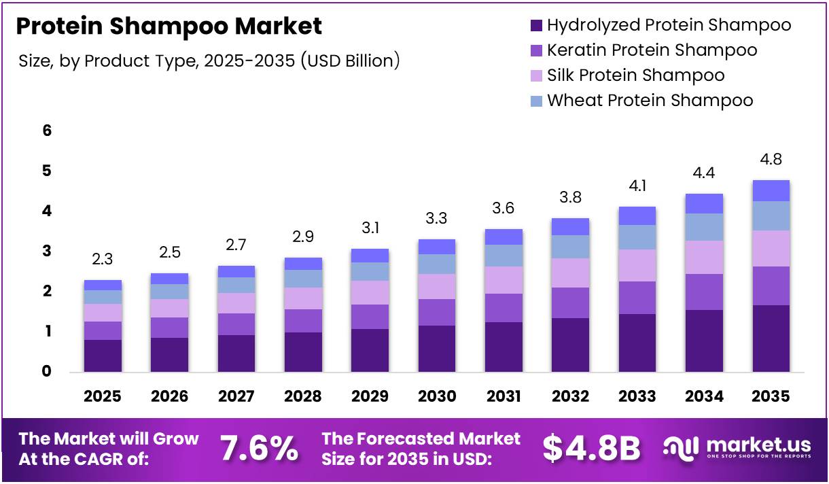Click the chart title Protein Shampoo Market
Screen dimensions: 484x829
[x=169, y=27]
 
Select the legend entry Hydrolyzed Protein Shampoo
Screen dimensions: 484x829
[x=669, y=25]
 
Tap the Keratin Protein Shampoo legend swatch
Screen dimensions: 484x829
[x=535, y=50]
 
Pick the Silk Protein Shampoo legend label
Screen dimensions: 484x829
[x=635, y=75]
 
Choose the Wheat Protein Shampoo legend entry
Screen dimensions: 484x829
[x=650, y=101]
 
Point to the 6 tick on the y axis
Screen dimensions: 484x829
[x=47, y=131]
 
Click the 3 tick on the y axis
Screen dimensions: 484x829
[x=47, y=252]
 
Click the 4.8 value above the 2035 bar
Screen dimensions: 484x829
[x=771, y=160]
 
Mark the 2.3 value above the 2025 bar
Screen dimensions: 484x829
[x=102, y=260]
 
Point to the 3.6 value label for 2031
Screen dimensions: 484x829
[x=504, y=209]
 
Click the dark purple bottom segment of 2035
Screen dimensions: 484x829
[x=771, y=338]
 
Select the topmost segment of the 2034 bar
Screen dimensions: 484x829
[x=704, y=203]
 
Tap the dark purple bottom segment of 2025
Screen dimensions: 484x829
[x=103, y=355]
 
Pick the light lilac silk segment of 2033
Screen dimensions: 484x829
[x=637, y=265]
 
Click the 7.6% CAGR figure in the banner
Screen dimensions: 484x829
[x=259, y=449]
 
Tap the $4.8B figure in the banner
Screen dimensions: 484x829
[x=591, y=449]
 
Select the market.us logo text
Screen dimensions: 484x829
[x=758, y=446]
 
